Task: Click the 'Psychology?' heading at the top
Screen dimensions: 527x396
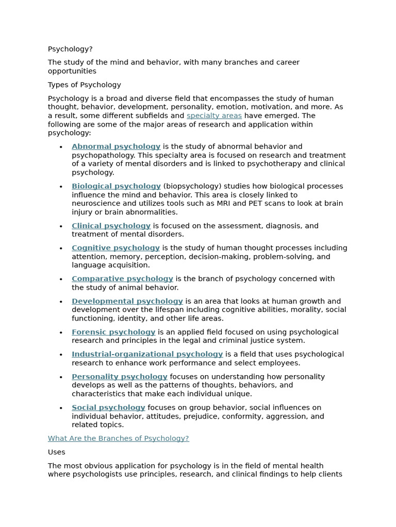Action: pos(70,49)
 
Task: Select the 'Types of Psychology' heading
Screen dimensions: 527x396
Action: pos(85,85)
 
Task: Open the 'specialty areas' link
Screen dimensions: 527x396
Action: pos(214,116)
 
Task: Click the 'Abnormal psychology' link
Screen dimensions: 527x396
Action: pos(116,147)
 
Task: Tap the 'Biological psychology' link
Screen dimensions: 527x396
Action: pos(116,186)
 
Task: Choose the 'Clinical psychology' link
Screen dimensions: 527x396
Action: pos(111,226)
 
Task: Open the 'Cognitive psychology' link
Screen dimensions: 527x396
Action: pos(115,248)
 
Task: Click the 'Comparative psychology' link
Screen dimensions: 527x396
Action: pos(122,279)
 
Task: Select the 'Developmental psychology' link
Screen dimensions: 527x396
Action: pos(127,302)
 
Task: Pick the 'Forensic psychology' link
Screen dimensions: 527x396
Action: pos(113,332)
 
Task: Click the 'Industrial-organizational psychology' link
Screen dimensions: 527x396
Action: pos(147,355)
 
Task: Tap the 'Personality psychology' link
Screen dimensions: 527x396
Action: pos(120,377)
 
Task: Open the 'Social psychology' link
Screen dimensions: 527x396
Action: pos(108,408)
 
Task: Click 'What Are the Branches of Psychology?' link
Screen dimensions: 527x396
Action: pos(118,438)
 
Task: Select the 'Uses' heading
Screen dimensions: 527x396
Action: pos(57,452)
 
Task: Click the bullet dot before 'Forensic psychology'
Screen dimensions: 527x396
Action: pos(61,333)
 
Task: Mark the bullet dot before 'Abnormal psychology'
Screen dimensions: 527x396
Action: pos(61,147)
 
